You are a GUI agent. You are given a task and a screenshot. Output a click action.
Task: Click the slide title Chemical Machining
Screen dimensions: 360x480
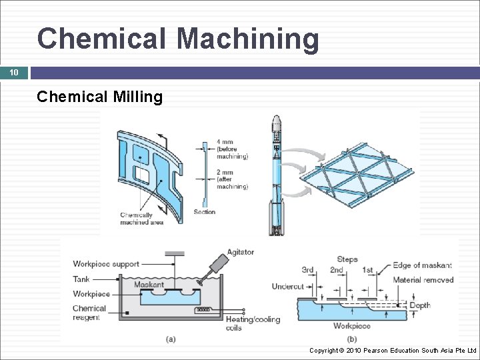[178, 39]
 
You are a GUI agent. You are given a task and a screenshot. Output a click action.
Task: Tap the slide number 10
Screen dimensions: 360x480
[14, 73]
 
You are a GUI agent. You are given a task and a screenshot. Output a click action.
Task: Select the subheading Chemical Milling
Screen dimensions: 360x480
[100, 97]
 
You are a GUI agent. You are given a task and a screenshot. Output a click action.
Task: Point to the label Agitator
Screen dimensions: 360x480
[240, 252]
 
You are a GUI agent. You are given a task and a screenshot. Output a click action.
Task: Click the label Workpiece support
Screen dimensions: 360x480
[106, 264]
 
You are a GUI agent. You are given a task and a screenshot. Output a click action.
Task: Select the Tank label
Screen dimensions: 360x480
[81, 279]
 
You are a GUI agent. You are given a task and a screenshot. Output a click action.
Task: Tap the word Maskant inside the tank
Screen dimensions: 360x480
[149, 285]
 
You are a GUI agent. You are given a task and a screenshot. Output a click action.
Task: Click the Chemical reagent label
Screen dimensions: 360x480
[89, 313]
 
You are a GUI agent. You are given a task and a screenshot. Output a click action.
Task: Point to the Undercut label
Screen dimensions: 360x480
[288, 287]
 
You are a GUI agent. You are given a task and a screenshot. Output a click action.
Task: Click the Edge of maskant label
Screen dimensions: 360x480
[422, 265]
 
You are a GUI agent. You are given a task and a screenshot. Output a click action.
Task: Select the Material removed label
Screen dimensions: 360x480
[423, 280]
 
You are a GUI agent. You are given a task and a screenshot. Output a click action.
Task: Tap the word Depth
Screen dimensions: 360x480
[420, 305]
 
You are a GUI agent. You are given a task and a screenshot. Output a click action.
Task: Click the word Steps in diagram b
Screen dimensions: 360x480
[347, 259]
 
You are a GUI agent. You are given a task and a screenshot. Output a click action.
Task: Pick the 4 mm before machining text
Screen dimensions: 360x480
[232, 149]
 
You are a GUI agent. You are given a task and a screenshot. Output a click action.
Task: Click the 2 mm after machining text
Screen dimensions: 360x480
[232, 179]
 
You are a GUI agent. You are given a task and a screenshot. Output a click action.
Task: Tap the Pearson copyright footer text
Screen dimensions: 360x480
[393, 350]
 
